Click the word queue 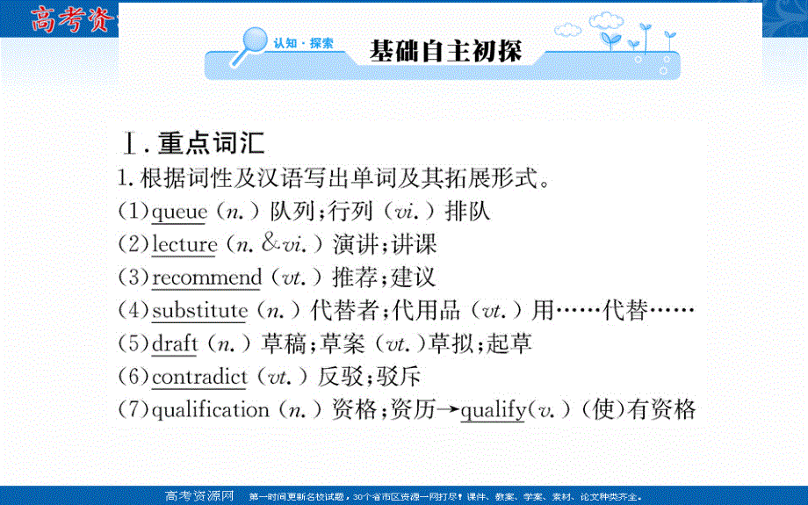click(x=178, y=212)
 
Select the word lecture click(x=184, y=244)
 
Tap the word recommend click(x=206, y=278)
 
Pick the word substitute click(x=199, y=310)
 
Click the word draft click(x=175, y=343)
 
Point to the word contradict click(x=199, y=377)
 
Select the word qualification click(x=210, y=410)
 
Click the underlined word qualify click(x=493, y=410)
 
